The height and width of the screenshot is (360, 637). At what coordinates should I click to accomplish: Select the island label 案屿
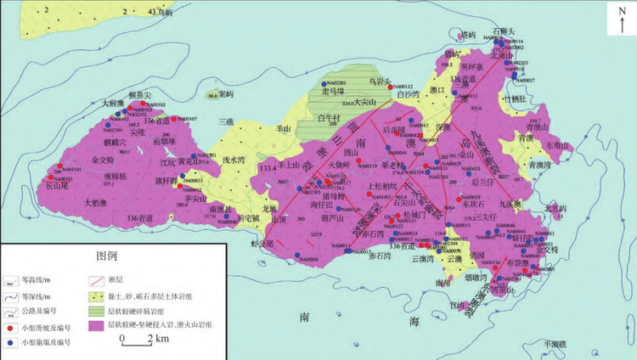225,93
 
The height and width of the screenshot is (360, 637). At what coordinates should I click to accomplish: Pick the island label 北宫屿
554,207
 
